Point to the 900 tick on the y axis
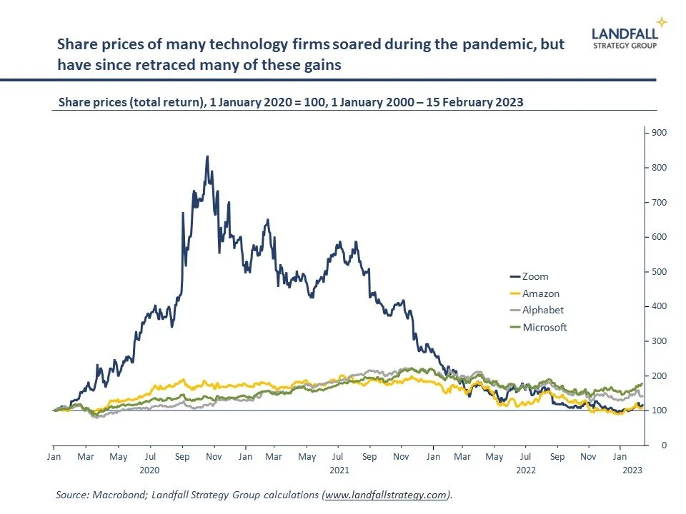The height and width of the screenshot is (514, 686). tap(658, 133)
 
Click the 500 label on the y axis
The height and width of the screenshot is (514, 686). tap(658, 272)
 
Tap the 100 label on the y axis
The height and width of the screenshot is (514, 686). tap(658, 410)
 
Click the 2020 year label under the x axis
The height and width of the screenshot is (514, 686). tap(150, 470)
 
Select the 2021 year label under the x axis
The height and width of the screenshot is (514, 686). tap(339, 470)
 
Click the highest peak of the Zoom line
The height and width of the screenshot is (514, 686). tap(207, 156)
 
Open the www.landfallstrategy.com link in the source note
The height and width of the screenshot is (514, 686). tap(387, 494)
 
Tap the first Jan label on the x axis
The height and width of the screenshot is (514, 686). tap(54, 455)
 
